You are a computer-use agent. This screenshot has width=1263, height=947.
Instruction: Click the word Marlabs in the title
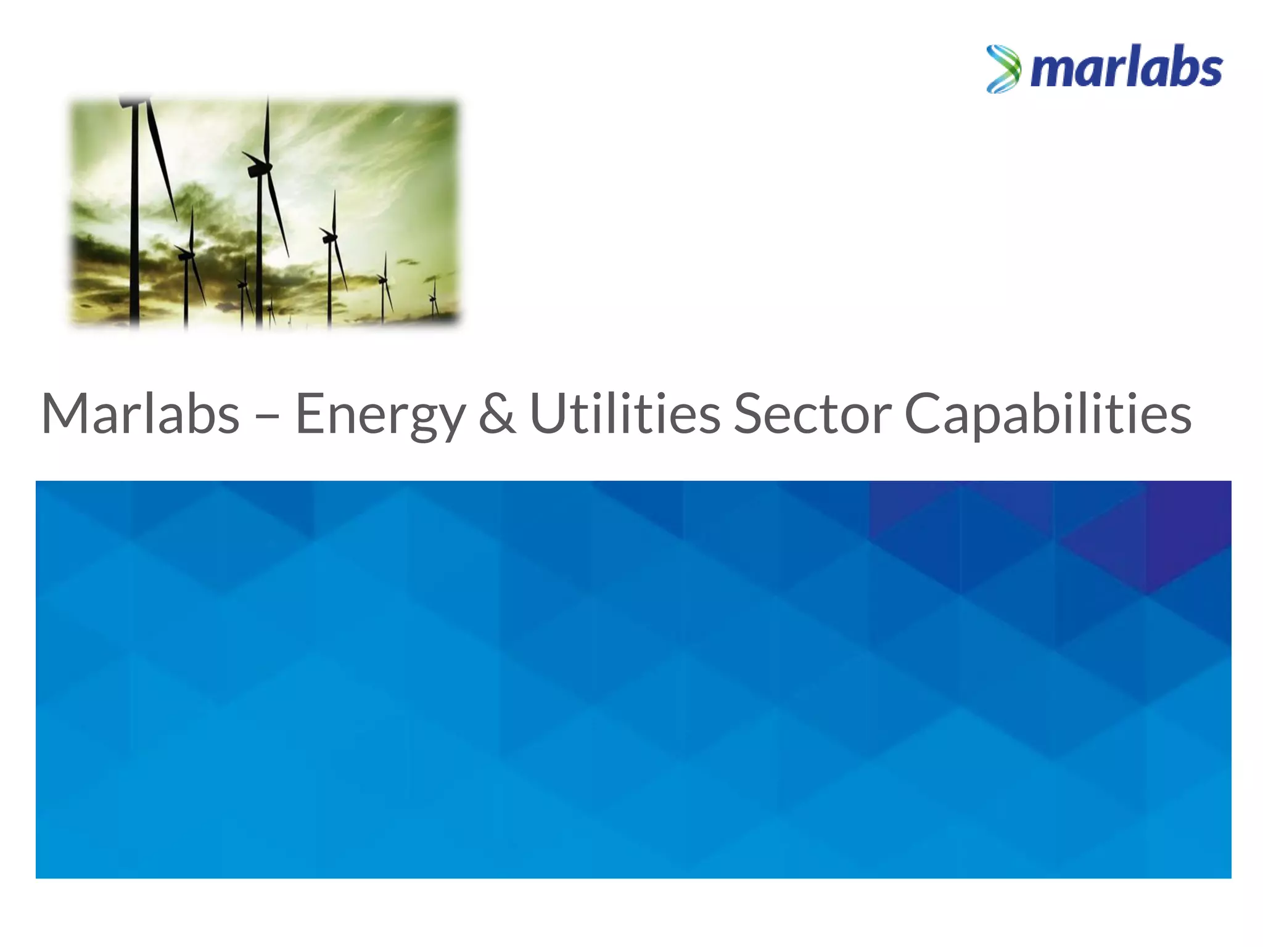pyautogui.click(x=141, y=414)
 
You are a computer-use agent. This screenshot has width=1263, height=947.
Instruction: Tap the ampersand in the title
pyautogui.click(x=497, y=414)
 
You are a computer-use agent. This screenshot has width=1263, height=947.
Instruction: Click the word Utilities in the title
pyautogui.click(x=625, y=414)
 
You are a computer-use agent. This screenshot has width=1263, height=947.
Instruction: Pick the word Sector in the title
pyautogui.click(x=812, y=414)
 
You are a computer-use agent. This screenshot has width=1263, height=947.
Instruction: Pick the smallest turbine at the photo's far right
pyautogui.click(x=434, y=299)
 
